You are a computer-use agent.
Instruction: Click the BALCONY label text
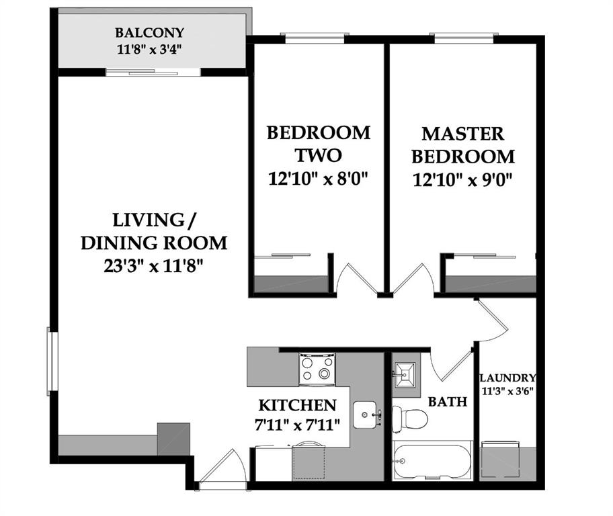[x=149, y=32]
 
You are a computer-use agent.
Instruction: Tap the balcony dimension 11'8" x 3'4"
[x=149, y=50]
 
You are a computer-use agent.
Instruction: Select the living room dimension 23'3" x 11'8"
[x=154, y=266]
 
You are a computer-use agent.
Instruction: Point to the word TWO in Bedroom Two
[x=318, y=155]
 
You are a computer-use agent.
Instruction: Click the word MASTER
[x=463, y=134]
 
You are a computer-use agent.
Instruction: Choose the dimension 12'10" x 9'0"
[x=462, y=180]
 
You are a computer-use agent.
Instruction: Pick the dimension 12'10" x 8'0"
[x=318, y=179]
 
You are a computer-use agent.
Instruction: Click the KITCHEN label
[x=298, y=405]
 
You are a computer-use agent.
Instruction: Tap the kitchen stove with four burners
[x=317, y=369]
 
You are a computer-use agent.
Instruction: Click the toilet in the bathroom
[x=409, y=419]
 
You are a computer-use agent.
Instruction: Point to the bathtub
[x=432, y=460]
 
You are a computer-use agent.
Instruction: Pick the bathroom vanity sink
[x=404, y=375]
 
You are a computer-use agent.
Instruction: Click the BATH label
[x=447, y=402]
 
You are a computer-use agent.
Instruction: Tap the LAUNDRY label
[x=507, y=378]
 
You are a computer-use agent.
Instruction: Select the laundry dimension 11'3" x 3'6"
[x=507, y=391]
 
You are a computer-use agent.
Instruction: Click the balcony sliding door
[x=153, y=73]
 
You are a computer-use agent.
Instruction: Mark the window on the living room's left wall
[x=52, y=361]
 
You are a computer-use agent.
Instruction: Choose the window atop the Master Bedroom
[x=464, y=38]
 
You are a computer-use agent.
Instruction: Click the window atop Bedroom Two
[x=315, y=38]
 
